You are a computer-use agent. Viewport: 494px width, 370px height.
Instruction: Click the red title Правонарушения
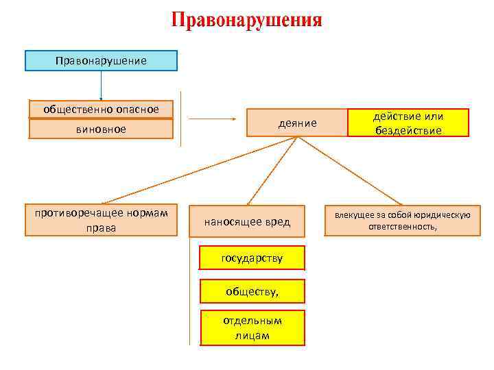246,20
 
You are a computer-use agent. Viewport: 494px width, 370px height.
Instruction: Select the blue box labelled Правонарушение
101,61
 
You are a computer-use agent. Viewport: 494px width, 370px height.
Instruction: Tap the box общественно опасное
101,109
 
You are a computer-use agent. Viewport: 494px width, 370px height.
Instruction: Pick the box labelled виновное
101,129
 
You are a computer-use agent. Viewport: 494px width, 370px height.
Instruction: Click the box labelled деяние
297,123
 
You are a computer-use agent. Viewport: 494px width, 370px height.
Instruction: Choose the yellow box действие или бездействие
408,123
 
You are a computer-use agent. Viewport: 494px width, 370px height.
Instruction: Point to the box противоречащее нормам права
101,220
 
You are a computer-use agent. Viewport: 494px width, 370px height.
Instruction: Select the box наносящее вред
247,221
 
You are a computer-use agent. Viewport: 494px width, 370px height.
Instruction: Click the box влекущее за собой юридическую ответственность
402,221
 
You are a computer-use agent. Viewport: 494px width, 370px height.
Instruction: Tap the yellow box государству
252,258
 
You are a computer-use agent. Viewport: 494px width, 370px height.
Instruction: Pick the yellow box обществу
252,291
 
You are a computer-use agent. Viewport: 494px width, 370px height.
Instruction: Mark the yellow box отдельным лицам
252,328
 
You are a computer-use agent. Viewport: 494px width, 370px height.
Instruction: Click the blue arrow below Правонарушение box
101,86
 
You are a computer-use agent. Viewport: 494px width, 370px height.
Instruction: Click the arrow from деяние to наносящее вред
271,171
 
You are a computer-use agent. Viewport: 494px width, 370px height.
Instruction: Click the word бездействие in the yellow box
408,130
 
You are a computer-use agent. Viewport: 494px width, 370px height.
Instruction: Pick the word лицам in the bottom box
252,335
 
